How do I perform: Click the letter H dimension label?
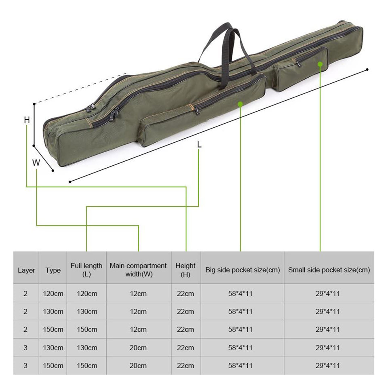pos(27,120)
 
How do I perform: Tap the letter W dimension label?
pos(36,162)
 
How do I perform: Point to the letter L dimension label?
pos(199,145)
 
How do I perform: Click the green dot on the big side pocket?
pos(240,104)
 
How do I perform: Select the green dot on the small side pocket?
pos(320,64)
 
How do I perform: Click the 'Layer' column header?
pos(26,270)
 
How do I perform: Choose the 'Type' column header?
pos(53,270)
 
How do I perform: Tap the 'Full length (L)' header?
pos(86,270)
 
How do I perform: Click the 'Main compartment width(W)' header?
pos(138,270)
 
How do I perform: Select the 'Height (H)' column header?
pos(186,270)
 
